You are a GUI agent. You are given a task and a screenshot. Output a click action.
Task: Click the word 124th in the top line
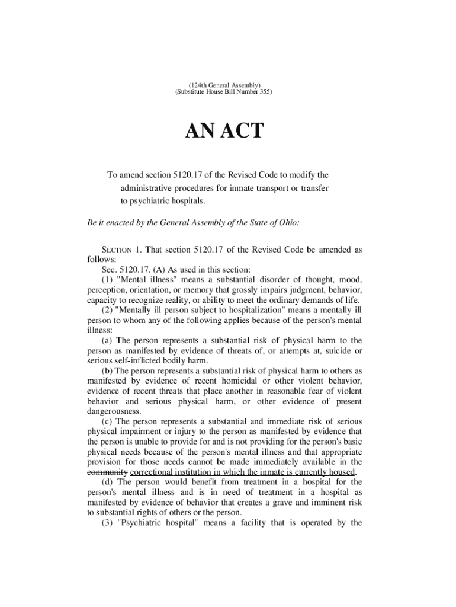tap(191, 85)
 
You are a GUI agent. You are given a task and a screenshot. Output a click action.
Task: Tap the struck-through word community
tap(107, 472)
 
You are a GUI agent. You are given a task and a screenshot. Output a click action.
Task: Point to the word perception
tap(105, 289)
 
